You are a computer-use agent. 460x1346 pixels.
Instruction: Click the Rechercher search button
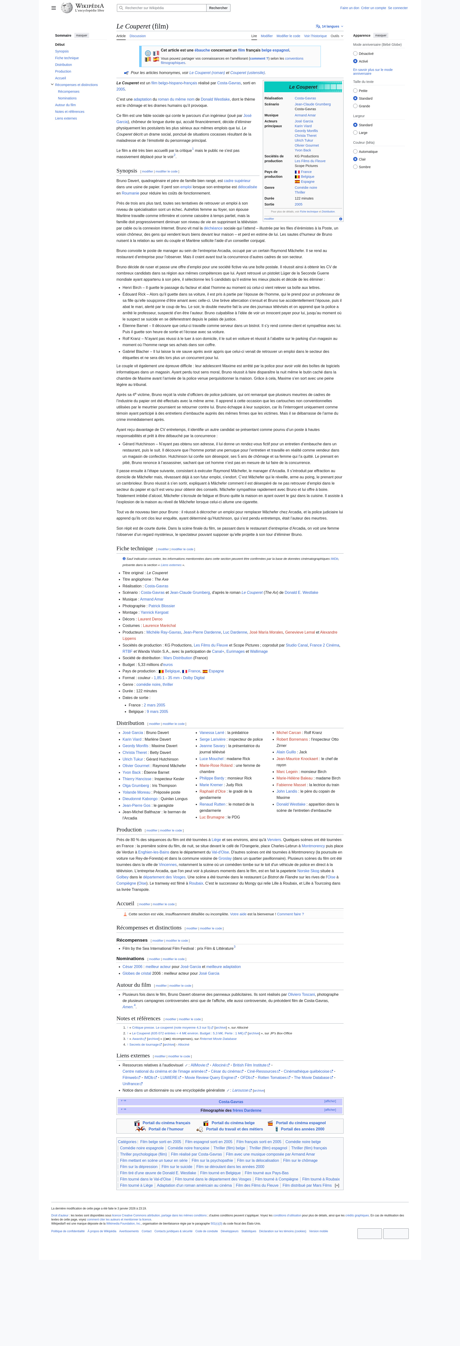pyautogui.click(x=218, y=8)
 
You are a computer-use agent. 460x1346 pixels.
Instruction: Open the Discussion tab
pyautogui.click(x=138, y=36)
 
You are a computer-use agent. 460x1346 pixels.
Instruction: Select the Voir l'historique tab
pyautogui.click(x=315, y=36)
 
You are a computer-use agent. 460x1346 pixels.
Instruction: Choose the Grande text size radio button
pyautogui.click(x=356, y=106)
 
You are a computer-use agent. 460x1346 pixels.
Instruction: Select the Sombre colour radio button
pyautogui.click(x=356, y=167)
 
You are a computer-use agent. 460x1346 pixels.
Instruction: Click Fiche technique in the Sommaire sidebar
pyautogui.click(x=67, y=58)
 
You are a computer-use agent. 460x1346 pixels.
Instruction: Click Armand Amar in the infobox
pyautogui.click(x=305, y=115)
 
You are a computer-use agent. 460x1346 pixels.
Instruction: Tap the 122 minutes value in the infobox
pyautogui.click(x=304, y=199)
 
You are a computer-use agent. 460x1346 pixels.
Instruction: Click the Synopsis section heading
pyautogui.click(x=126, y=171)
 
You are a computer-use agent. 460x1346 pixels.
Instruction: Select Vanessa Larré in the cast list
pyautogui.click(x=212, y=733)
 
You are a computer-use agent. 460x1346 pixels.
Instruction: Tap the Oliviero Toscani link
pyautogui.click(x=301, y=994)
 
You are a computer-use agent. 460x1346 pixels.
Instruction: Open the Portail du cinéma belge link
pyautogui.click(x=233, y=1123)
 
